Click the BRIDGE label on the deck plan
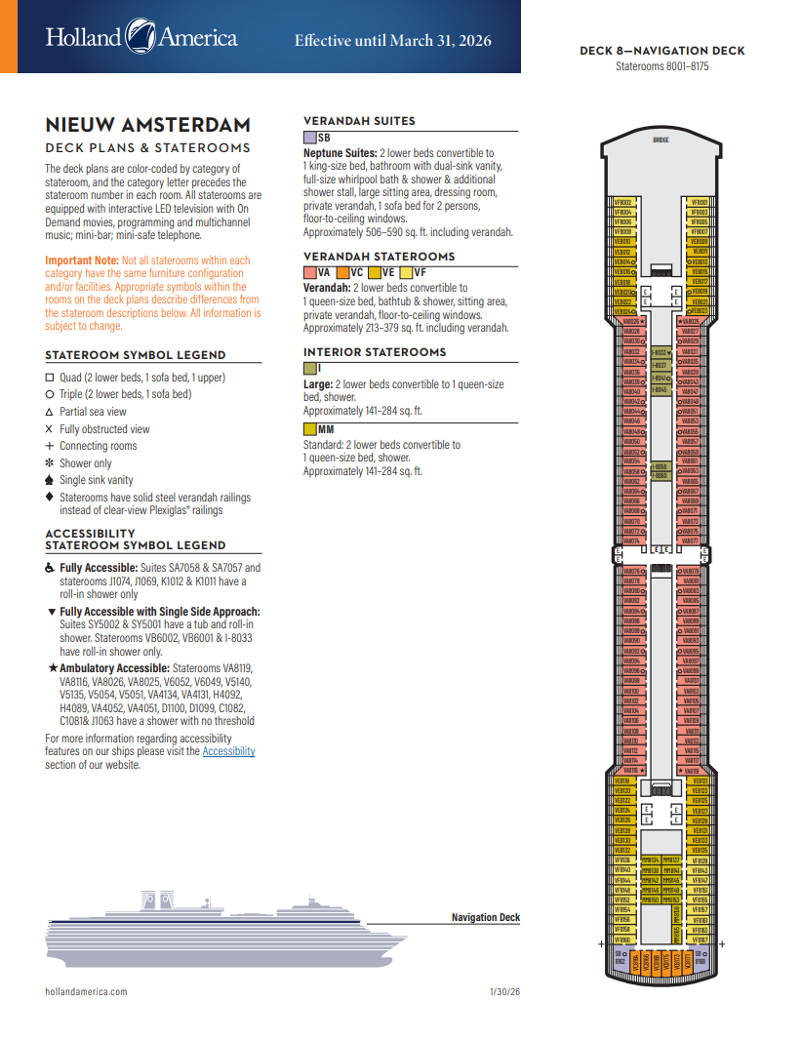pos(661,140)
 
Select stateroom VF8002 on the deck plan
pos(623,202)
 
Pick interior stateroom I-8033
pos(661,352)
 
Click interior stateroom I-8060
pos(661,475)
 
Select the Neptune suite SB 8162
pos(620,958)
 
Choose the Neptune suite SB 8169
pos(701,958)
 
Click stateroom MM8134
pos(650,860)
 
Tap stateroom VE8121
pos(700,781)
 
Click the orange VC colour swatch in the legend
pos(343,273)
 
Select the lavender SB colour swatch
pos(310,138)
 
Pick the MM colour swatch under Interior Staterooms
pos(310,428)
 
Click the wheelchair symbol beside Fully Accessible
pos(51,568)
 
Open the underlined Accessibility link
pos(228,751)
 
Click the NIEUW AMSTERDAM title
pos(147,125)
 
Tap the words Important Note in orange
pos(81,260)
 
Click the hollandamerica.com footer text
pos(86,991)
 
